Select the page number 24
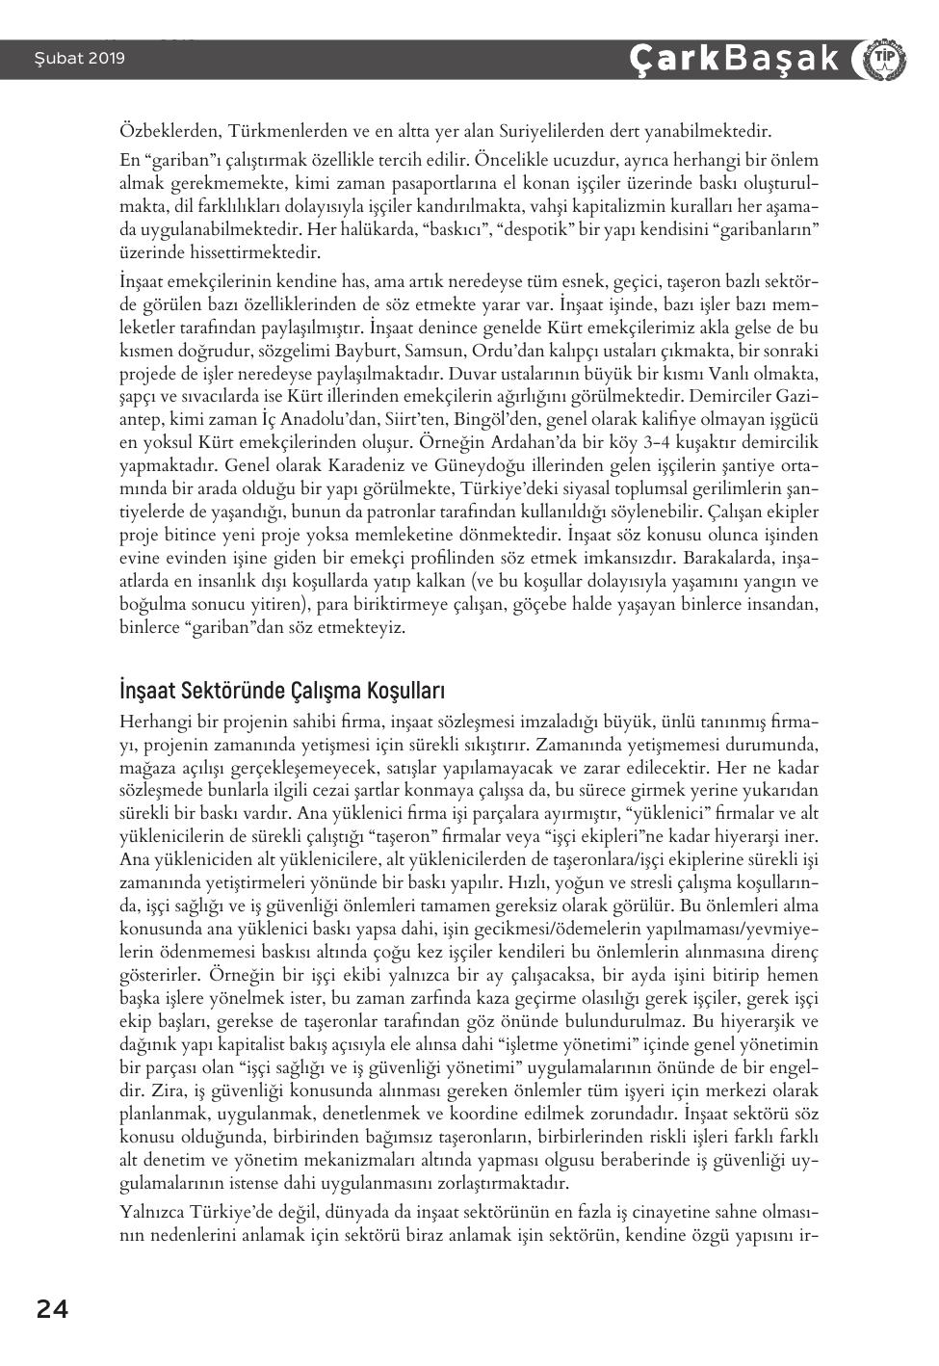[x=52, y=1308]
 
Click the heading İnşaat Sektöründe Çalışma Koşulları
[x=282, y=691]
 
